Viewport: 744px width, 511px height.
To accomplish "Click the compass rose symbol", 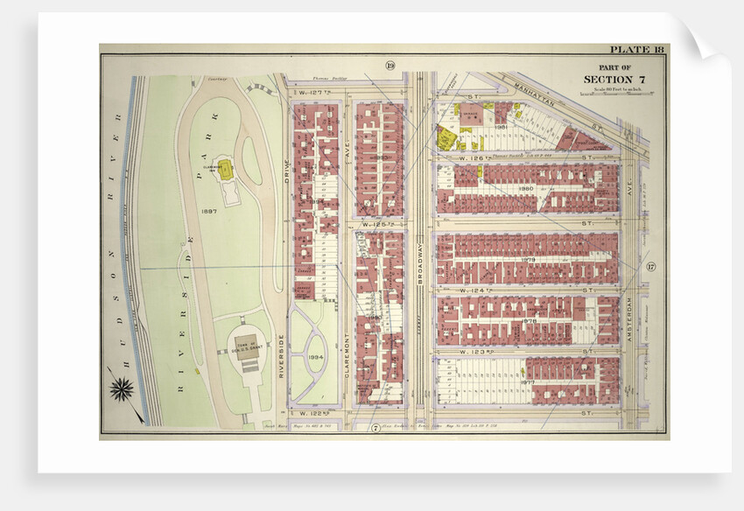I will pos(121,387).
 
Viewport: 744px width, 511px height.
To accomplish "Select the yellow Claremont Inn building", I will pos(225,170).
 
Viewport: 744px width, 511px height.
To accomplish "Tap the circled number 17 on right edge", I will pos(650,266).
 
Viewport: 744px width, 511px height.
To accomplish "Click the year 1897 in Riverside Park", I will pos(209,210).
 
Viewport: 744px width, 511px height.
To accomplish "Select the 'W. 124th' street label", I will pos(458,290).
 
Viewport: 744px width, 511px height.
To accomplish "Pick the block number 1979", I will pos(528,259).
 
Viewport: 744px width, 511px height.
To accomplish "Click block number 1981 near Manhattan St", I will pos(502,127).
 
